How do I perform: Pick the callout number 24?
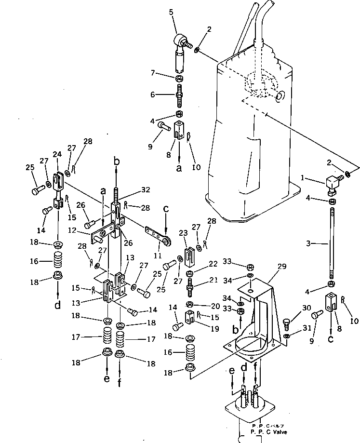(x=57, y=155)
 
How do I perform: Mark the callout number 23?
(x=183, y=232)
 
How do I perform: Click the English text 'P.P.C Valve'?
(x=264, y=432)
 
